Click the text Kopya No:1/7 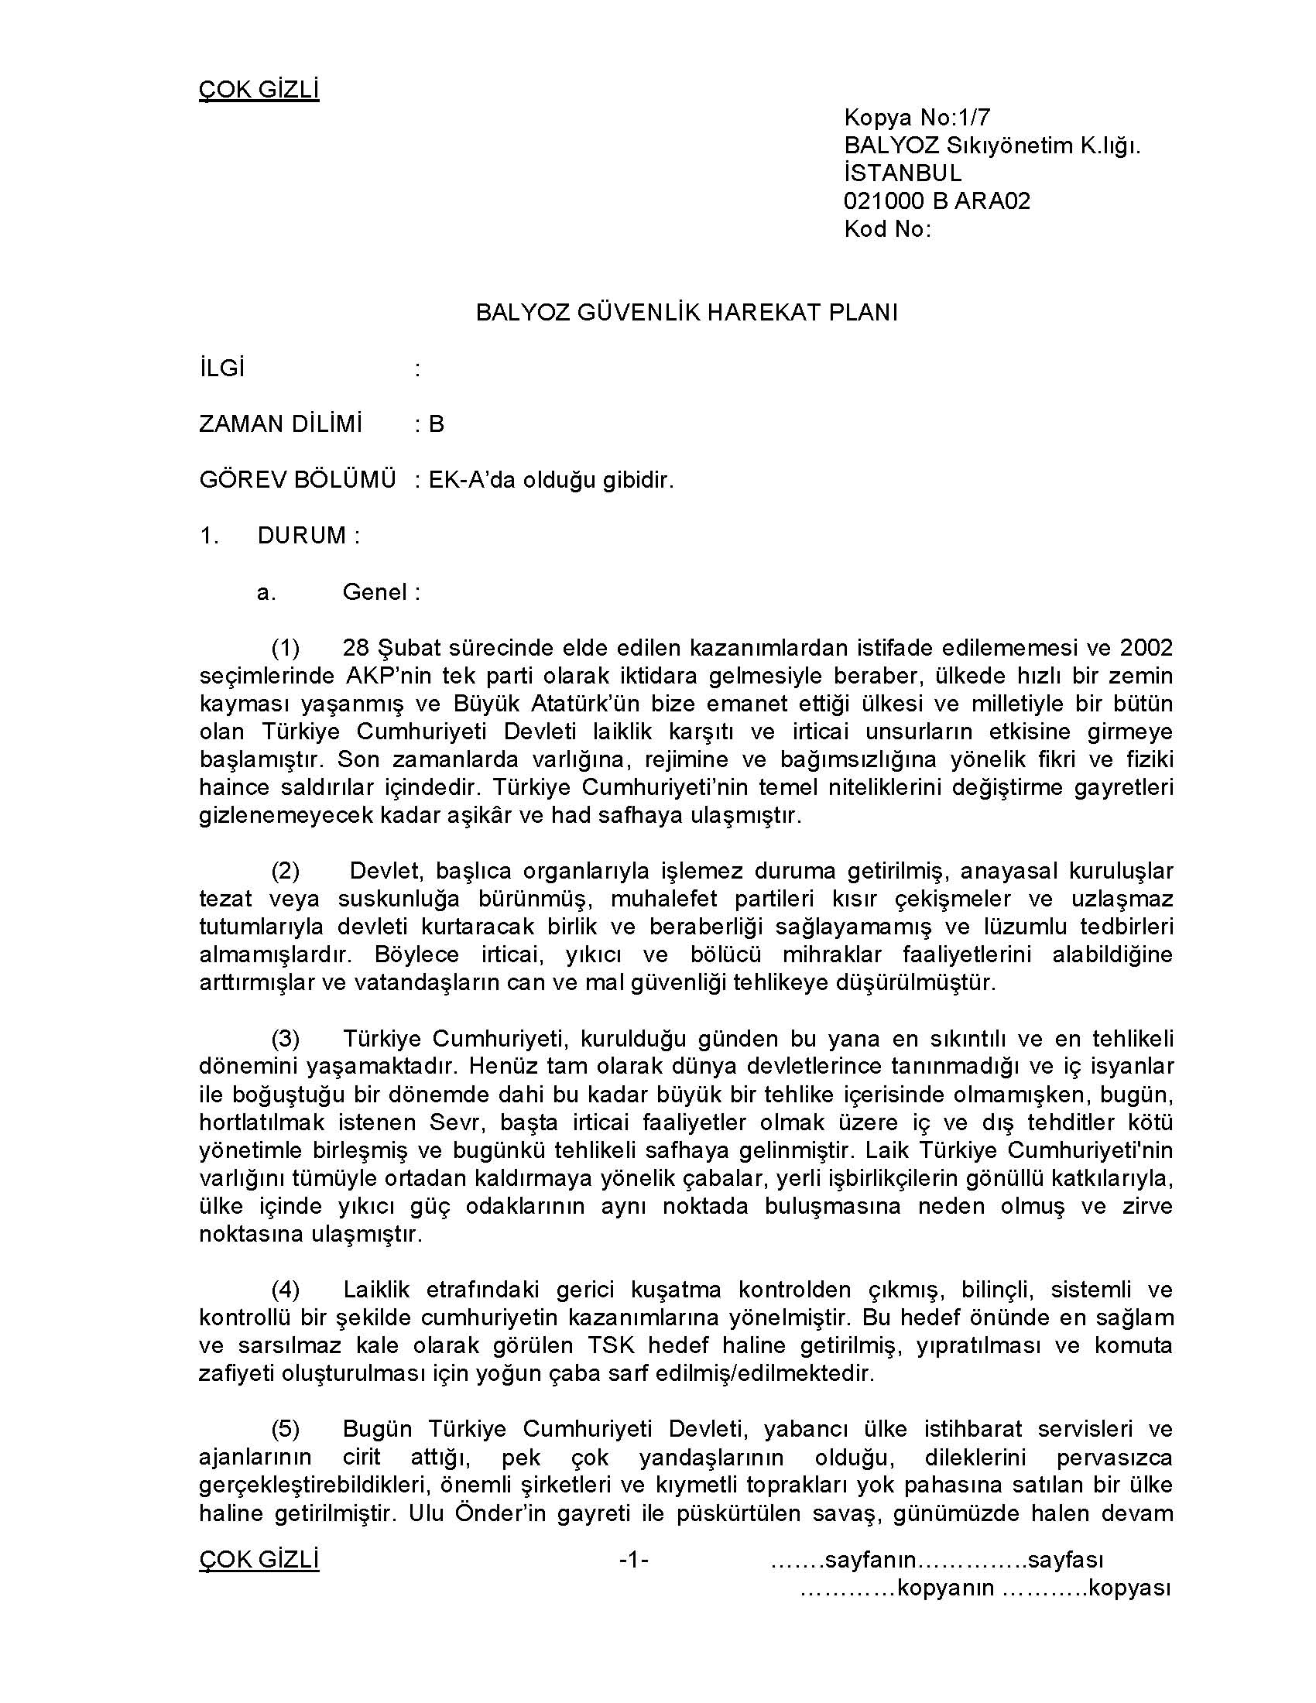click(x=916, y=117)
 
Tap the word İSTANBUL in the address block click(x=902, y=173)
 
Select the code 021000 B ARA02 click(x=937, y=200)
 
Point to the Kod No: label click(x=887, y=228)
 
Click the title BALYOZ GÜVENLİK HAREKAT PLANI click(x=687, y=312)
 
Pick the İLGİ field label click(x=222, y=368)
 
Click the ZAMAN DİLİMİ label click(x=281, y=423)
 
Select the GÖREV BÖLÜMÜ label click(x=298, y=480)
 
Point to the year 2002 click(x=1146, y=647)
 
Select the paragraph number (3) click(x=286, y=1038)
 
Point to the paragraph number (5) click(x=286, y=1428)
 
